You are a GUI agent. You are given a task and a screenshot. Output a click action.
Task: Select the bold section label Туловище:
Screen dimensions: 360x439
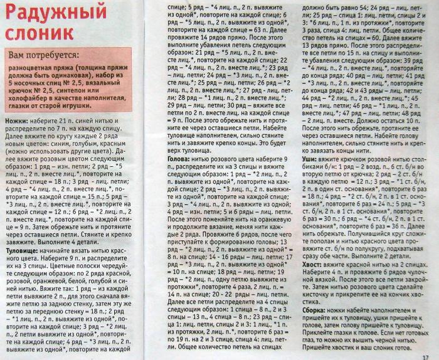pyautogui.click(x=22, y=250)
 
